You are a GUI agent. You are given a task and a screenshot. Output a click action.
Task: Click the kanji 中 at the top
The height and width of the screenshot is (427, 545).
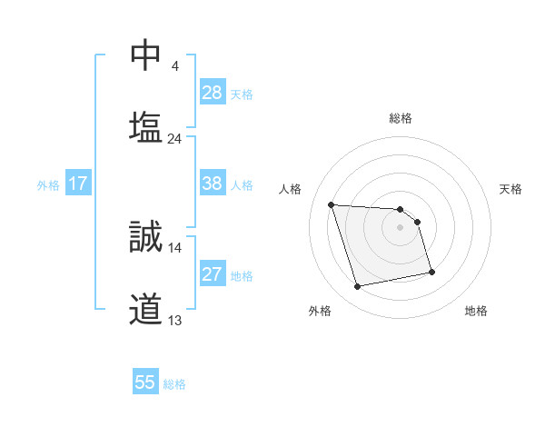pos(145,57)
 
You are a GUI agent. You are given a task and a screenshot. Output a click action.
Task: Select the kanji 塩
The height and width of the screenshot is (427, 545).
pos(145,126)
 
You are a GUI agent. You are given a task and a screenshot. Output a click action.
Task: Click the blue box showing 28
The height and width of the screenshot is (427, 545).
pos(213,93)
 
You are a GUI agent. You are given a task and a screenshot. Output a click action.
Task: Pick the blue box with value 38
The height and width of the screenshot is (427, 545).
pos(213,184)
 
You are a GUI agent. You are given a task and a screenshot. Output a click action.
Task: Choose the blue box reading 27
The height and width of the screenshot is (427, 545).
pos(213,274)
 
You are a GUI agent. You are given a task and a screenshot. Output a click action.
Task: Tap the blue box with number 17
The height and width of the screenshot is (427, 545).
pos(78,184)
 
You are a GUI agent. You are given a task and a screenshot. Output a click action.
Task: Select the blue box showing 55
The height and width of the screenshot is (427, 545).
pos(145,382)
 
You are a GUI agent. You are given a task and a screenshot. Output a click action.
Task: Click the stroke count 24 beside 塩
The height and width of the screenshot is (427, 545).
pos(175,139)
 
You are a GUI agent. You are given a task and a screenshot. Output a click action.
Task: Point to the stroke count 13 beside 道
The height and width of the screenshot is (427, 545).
pos(175,320)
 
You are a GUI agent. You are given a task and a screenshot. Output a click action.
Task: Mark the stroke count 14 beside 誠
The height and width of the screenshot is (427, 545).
pos(175,247)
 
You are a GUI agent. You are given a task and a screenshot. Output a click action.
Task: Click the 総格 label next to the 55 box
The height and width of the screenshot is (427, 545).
pos(174,383)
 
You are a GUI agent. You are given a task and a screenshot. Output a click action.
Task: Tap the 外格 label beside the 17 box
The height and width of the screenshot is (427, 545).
pos(48,184)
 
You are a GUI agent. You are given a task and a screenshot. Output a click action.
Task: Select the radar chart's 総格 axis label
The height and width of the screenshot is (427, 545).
pos(401,118)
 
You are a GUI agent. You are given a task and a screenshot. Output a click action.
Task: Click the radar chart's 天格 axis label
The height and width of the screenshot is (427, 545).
pos(510,189)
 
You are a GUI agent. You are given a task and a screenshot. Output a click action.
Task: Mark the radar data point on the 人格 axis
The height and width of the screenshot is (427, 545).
pos(332,204)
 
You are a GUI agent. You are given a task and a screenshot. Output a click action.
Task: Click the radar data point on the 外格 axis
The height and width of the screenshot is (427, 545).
pos(358,287)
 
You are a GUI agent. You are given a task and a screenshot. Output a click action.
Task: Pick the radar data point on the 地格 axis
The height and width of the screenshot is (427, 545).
pos(431,271)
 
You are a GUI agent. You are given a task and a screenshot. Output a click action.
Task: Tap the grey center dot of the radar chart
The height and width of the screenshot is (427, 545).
pos(401,227)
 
